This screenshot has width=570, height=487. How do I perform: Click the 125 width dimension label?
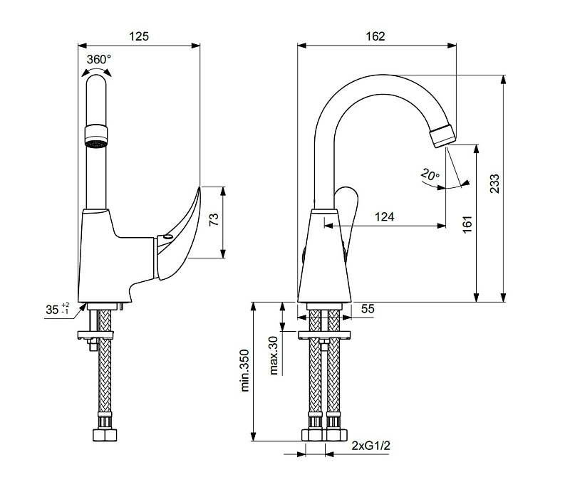click(139, 36)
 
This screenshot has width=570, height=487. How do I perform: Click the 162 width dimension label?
click(375, 36)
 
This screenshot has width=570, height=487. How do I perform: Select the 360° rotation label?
click(99, 59)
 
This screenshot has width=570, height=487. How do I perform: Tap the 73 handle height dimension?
click(214, 219)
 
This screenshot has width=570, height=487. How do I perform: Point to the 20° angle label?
click(430, 174)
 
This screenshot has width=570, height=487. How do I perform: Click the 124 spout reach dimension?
click(384, 217)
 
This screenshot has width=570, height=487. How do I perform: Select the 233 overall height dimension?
click(494, 184)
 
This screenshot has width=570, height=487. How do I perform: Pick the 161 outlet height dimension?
click(467, 224)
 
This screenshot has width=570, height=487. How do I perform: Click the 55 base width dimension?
click(368, 309)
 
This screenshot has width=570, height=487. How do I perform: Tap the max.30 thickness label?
click(274, 355)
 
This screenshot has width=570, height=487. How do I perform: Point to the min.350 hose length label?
click(245, 370)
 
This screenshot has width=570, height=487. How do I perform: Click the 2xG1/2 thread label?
click(370, 446)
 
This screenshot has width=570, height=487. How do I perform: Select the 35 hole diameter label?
click(57, 309)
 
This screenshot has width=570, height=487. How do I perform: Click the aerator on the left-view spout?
click(96, 136)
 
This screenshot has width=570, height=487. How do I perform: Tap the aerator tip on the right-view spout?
click(442, 135)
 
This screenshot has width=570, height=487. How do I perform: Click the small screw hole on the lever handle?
click(167, 237)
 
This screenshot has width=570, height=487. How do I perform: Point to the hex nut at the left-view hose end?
click(105, 435)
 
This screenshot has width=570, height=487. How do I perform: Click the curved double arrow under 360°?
click(96, 70)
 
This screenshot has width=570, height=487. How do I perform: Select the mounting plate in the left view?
click(95, 335)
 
